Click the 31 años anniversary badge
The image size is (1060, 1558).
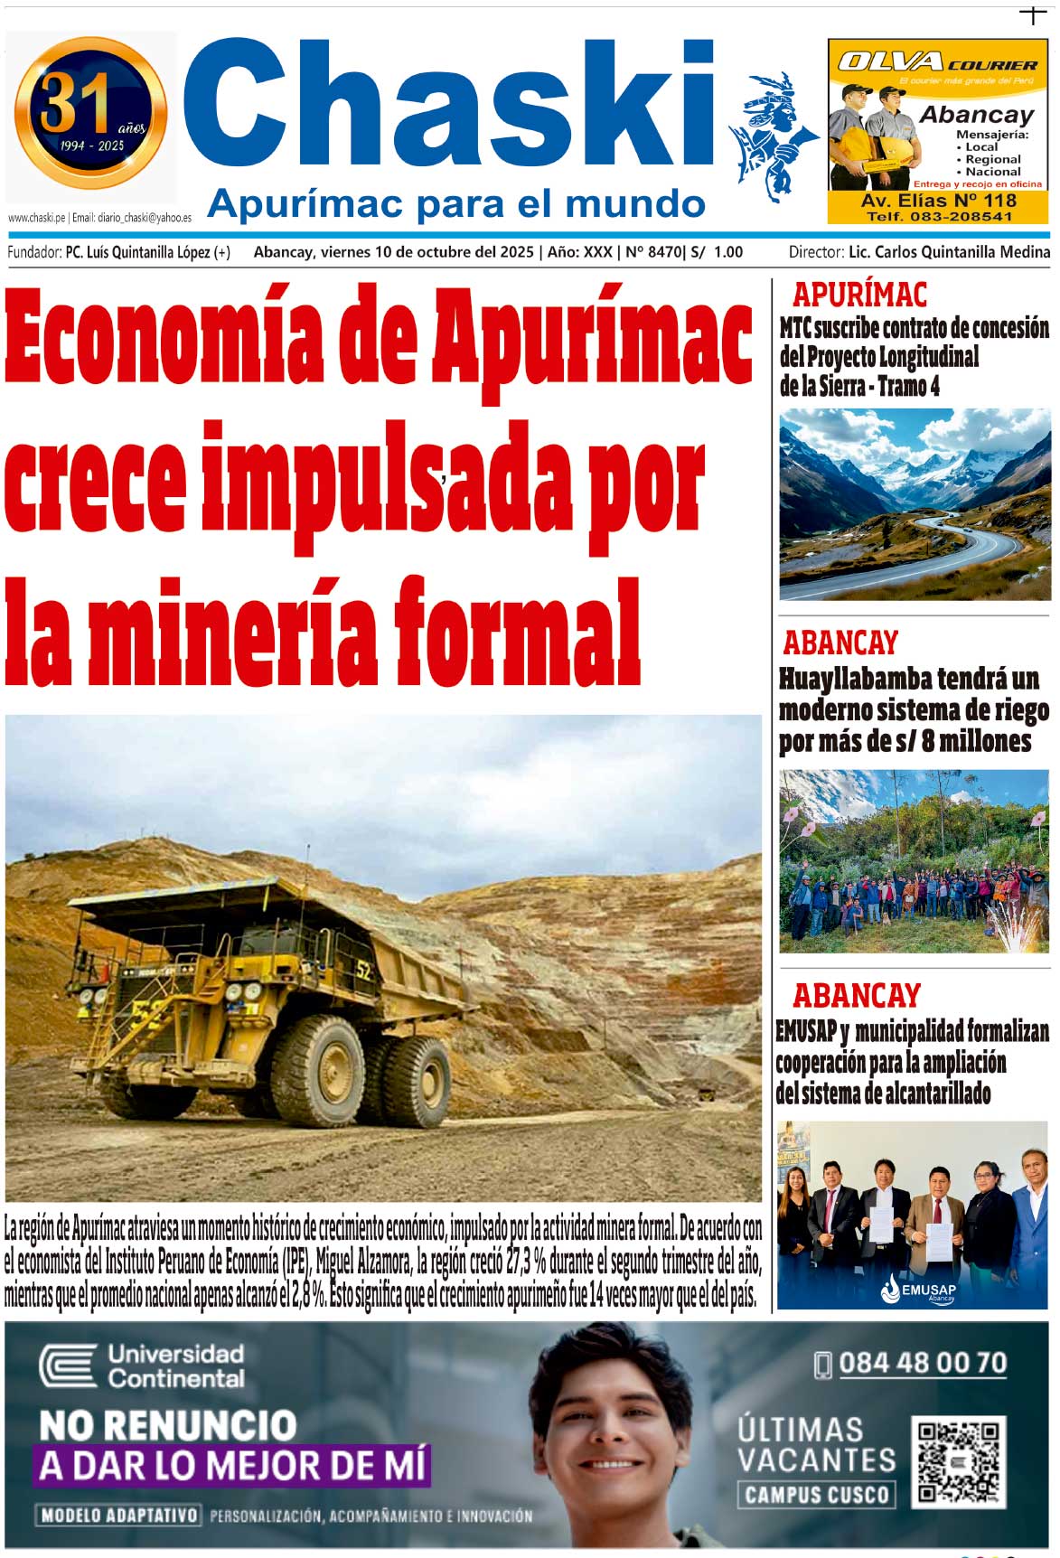pyautogui.click(x=91, y=112)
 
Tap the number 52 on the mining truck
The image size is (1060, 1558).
pyautogui.click(x=363, y=971)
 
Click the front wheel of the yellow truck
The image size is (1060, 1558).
pyautogui.click(x=318, y=1071)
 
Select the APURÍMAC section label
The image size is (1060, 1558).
pyautogui.click(x=859, y=295)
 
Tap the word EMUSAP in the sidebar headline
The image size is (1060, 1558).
pyautogui.click(x=805, y=1031)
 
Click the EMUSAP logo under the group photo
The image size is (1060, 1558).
pyautogui.click(x=918, y=1290)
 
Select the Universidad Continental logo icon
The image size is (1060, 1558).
pyautogui.click(x=68, y=1365)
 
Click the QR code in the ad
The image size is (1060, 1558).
pyautogui.click(x=959, y=1462)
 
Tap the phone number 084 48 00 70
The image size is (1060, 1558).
pyautogui.click(x=922, y=1363)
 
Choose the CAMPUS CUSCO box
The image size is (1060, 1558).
pyautogui.click(x=816, y=1496)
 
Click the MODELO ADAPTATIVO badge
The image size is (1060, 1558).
pyautogui.click(x=118, y=1515)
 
